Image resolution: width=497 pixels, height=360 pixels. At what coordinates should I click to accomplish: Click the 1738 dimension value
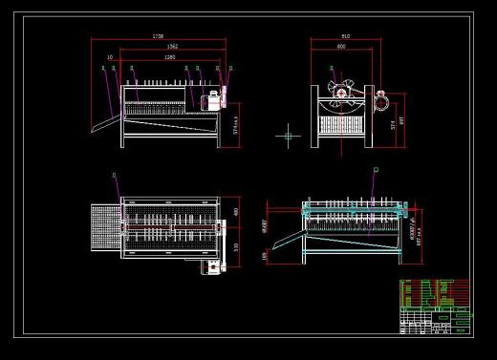tap(158, 36)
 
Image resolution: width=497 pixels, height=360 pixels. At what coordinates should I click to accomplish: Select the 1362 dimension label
tap(172, 46)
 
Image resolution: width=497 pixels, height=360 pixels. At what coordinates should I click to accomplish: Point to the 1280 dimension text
tap(169, 57)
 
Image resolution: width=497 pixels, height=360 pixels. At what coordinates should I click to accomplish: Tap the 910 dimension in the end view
tap(344, 36)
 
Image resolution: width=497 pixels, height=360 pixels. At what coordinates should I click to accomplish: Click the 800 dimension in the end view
tap(341, 46)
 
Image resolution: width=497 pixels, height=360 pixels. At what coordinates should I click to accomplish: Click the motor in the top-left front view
tap(216, 96)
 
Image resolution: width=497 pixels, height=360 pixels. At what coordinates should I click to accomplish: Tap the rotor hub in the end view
tap(341, 94)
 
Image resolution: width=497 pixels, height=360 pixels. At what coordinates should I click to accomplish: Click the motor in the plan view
tap(210, 267)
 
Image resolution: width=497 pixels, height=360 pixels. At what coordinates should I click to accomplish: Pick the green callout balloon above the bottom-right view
tap(376, 170)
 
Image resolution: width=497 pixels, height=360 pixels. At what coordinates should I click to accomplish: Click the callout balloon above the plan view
tap(115, 175)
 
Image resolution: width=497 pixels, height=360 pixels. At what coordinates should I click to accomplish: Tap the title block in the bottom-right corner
tap(435, 307)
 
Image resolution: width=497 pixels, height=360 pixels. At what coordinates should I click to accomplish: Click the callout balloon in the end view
tap(331, 68)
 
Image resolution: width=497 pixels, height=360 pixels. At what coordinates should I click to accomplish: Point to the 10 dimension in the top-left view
tap(110, 57)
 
